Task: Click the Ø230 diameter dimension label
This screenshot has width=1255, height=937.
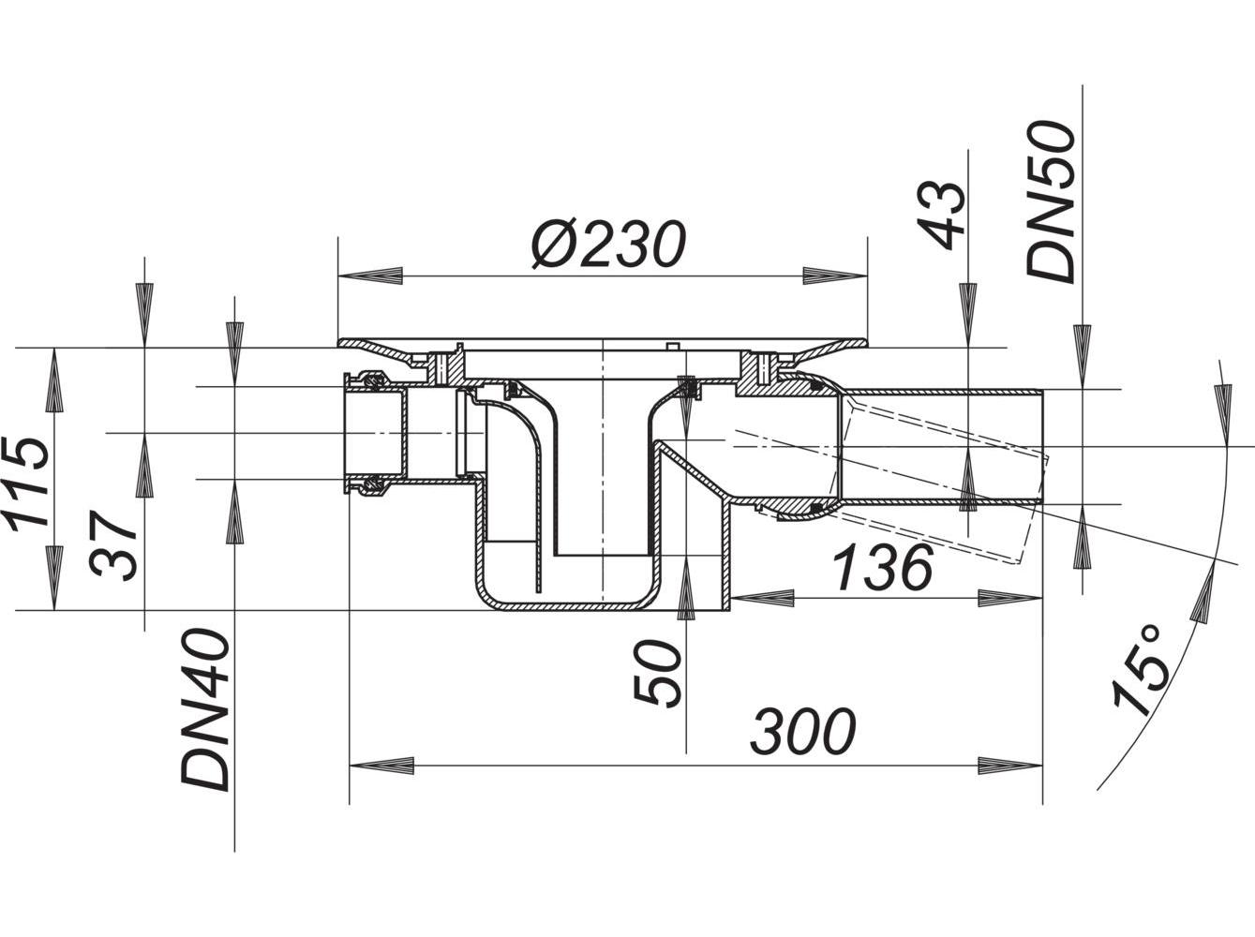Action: click(607, 245)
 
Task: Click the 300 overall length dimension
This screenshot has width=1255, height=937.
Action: click(802, 731)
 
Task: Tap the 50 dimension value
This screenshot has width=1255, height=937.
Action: click(656, 673)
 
